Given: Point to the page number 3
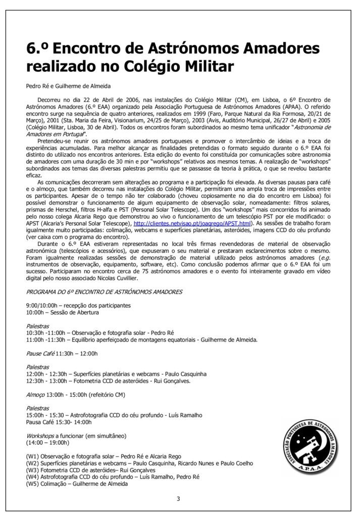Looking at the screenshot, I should coord(178,499).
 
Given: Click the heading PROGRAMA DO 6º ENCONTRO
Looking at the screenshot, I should coord(105,292).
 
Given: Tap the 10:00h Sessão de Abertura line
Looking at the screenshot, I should coord(63,313).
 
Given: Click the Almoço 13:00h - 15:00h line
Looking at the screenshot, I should coord(76,393).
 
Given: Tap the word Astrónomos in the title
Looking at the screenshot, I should coord(179,48).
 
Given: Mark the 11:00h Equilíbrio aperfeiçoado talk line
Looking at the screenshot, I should coord(142,340).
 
